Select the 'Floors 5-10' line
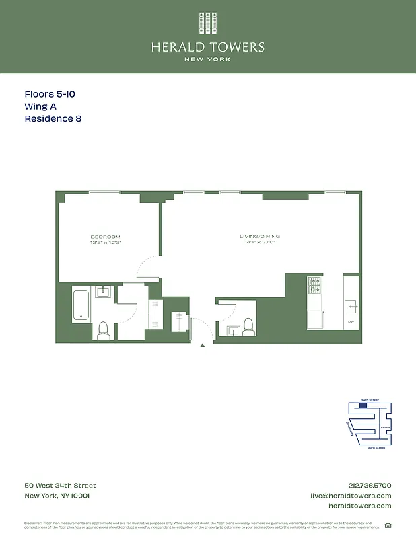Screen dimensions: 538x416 coord(49,95)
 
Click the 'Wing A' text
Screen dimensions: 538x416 coord(41,107)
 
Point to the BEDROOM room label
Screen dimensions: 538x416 coord(106,237)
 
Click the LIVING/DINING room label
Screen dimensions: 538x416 coord(260,237)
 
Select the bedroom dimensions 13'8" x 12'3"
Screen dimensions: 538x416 coord(106,243)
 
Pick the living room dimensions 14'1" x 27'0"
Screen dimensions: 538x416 coord(260,243)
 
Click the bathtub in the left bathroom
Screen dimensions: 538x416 coord(81,306)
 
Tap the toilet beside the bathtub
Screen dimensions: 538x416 coord(103,330)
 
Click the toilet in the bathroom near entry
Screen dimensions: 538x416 coord(248,326)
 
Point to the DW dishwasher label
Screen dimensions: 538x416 coord(351,322)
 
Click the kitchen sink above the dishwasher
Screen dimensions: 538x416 coord(351,306)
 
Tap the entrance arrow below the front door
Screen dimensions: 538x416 coord(203,345)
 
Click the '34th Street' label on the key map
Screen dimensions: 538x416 coord(370,400)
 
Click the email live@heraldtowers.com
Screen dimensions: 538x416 coord(350,496)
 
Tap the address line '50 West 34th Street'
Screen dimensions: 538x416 coord(60,486)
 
